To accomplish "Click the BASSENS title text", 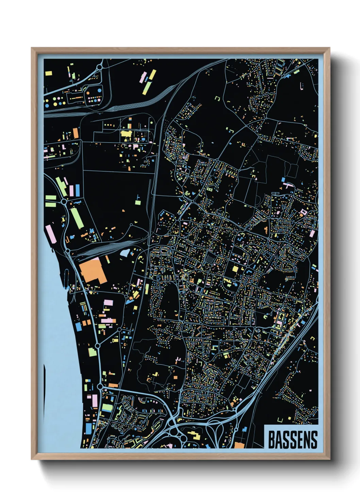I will [293, 440].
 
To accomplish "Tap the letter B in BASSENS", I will [272, 440].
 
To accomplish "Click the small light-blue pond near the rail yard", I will [125, 253].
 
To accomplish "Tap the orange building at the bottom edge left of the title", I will [240, 445].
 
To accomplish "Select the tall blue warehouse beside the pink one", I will [77, 190].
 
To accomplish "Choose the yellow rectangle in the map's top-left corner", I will [49, 73].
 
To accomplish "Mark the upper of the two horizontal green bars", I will [50, 198].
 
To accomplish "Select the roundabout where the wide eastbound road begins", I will [100, 387].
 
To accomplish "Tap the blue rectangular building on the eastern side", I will [283, 179].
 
